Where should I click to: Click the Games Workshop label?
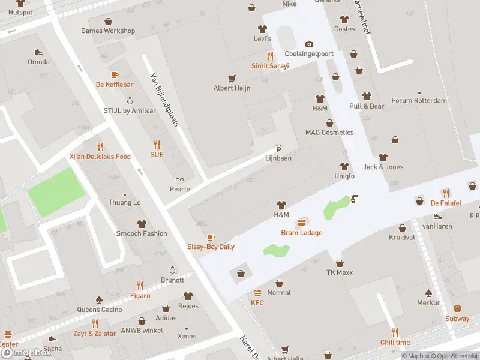tap(108, 31)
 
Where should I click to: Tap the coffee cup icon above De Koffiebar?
tap(115, 75)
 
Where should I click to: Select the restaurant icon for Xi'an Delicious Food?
tap(100, 146)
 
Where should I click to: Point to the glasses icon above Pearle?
tap(179, 179)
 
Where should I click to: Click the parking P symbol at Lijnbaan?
tap(278, 149)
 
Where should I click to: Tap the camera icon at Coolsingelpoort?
tap(309, 44)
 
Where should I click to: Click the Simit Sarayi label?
tap(269, 65)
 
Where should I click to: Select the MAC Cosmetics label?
tap(329, 133)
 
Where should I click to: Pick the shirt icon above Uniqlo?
tap(344, 166)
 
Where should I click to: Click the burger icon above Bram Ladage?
tap(302, 223)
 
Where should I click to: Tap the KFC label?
tap(257, 303)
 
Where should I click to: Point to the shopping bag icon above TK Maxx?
tap(340, 263)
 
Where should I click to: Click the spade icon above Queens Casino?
tap(99, 300)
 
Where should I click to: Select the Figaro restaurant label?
tap(140, 296)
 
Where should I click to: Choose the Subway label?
tap(457, 319)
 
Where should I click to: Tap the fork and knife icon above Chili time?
tap(395, 332)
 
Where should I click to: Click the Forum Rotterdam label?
tap(419, 101)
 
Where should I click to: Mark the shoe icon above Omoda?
tap(38, 52)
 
